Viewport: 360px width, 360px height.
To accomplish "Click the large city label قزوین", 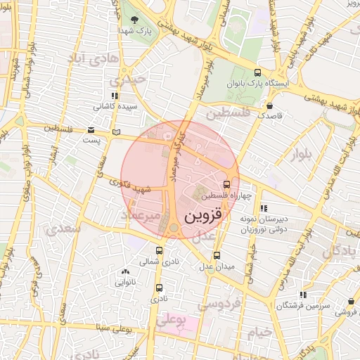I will point(202,215).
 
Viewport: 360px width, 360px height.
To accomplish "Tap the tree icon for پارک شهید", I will point(134,20).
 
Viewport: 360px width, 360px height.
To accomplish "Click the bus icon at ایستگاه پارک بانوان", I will point(257,72).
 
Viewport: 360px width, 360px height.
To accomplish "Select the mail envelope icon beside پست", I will point(91,129).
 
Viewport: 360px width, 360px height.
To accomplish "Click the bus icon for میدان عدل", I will point(216,256).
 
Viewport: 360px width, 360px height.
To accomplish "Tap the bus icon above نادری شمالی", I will point(158,250).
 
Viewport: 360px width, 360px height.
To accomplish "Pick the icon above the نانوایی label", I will point(125,271).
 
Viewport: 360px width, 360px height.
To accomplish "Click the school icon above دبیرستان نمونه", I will point(264,208).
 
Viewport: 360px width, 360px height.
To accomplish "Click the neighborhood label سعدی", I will point(61,229).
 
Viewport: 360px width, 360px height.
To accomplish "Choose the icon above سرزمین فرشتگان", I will point(302,295).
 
